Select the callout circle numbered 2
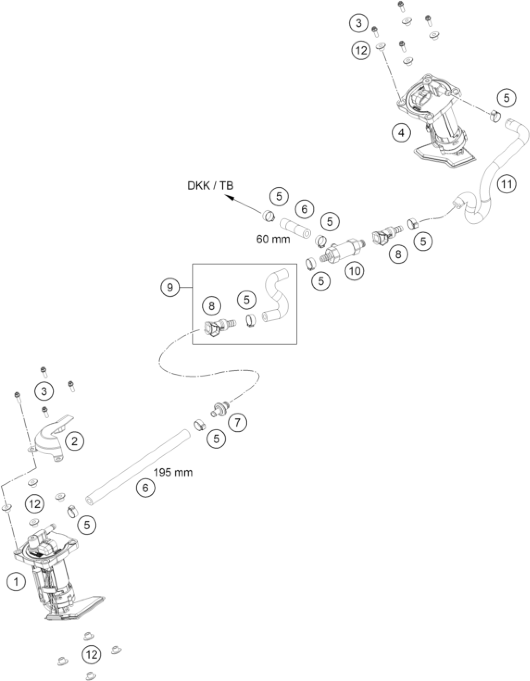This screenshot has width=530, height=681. (74, 441)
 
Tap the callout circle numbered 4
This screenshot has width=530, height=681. (401, 133)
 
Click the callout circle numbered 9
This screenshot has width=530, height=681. (170, 287)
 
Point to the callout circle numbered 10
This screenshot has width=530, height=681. (355, 271)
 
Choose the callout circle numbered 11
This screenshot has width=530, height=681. (506, 184)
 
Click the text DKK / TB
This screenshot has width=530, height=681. (210, 186)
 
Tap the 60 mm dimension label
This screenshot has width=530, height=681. (273, 239)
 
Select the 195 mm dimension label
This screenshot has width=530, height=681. (173, 473)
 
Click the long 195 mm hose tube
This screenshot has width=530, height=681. (137, 466)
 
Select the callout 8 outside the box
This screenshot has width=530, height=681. (398, 254)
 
